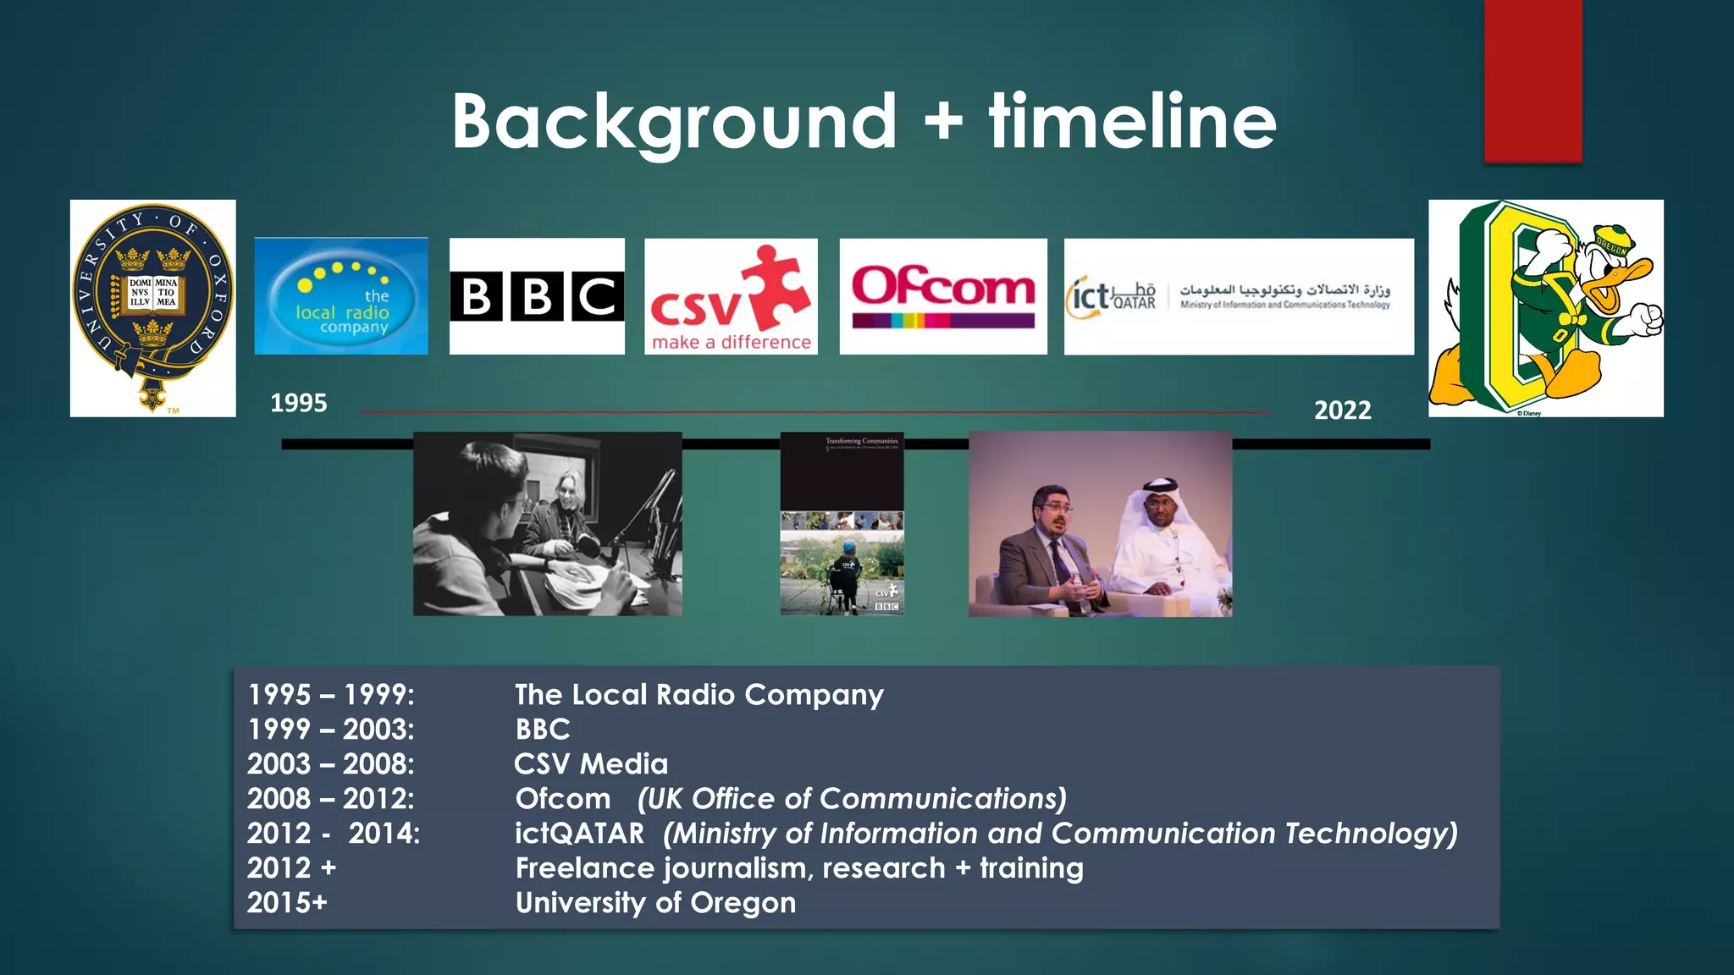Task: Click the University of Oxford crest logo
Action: (152, 308)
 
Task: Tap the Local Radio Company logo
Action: (341, 296)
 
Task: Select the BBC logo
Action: (537, 296)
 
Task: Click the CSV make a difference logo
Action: (731, 296)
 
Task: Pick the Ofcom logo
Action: (943, 296)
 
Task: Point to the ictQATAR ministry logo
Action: (1239, 296)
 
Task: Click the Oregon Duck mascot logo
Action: (1546, 308)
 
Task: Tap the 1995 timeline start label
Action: (298, 403)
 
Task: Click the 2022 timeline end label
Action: (1342, 410)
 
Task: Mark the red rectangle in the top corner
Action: (1532, 80)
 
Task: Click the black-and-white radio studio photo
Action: (547, 524)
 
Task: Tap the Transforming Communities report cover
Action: (842, 524)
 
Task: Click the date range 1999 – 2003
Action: (331, 730)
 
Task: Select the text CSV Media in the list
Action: (591, 764)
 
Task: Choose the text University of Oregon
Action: (655, 903)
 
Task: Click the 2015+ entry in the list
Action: (287, 903)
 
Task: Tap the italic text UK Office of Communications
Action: (852, 799)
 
